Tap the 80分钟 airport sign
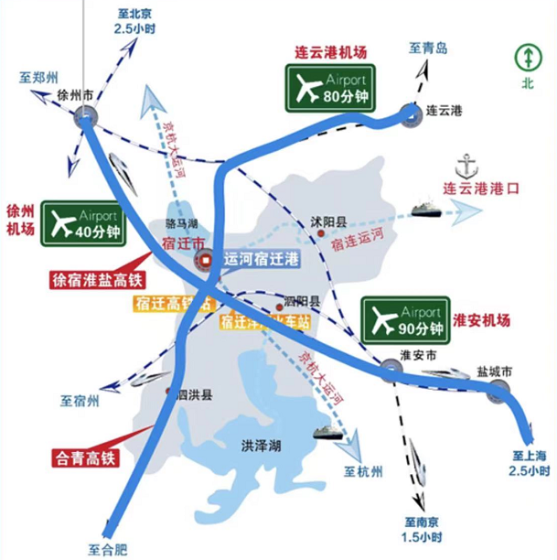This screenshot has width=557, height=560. [x=330, y=87]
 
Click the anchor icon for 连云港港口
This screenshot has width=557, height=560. [x=468, y=167]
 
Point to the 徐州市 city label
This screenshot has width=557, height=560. [x=75, y=94]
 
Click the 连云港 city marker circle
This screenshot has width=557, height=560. [x=409, y=113]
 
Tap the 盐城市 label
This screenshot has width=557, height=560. [x=494, y=372]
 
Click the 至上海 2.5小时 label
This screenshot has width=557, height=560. [x=530, y=463]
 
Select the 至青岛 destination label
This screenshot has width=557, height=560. [x=428, y=48]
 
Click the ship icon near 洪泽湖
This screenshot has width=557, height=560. [x=327, y=432]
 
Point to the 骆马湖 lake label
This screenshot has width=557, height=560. [x=182, y=223]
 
